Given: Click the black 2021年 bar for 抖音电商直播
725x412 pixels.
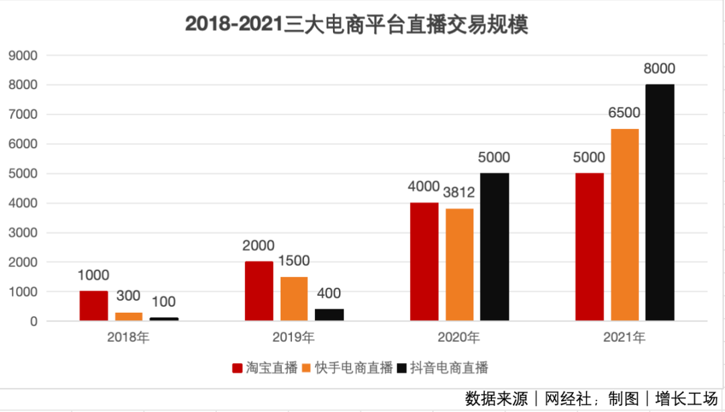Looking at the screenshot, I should (660, 203).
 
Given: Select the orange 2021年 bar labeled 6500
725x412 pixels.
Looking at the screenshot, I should (625, 225).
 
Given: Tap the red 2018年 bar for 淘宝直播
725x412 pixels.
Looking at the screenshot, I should (93, 306).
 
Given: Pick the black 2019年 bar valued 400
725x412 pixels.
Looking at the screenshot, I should (330, 315).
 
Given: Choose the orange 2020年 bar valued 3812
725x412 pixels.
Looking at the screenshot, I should (459, 265).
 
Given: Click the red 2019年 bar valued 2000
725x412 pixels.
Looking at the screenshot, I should (259, 291).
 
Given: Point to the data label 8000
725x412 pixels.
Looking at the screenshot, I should (660, 69).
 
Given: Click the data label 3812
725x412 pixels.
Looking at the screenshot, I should (459, 193).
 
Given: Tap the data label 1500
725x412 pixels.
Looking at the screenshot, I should (294, 262).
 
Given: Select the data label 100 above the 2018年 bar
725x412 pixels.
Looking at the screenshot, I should (164, 303).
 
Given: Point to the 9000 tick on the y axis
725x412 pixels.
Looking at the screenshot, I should (23, 56).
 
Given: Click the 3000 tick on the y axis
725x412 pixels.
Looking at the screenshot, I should (23, 233).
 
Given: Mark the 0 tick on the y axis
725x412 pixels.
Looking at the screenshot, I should (34, 321).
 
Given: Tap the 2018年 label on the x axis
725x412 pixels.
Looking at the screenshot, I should (128, 338).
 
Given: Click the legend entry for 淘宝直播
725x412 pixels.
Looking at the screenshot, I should (264, 368).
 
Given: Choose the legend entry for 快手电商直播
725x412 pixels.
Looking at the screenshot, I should (346, 368).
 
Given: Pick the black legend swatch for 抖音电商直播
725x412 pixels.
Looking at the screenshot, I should (402, 368).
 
